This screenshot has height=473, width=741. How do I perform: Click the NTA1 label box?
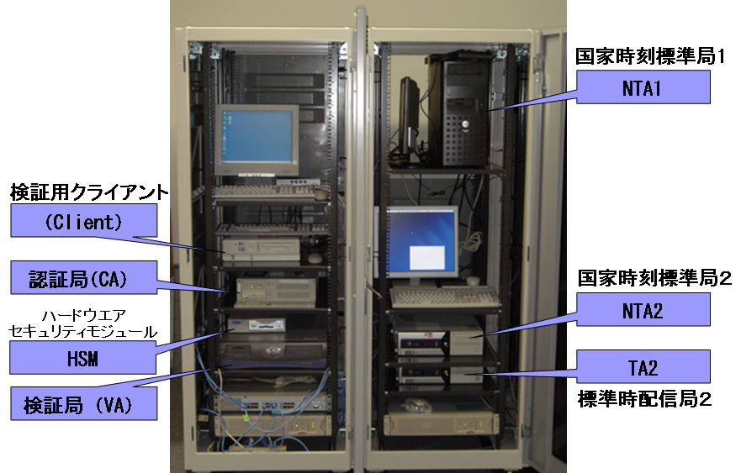[643, 87]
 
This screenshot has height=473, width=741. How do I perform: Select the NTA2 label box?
[643, 310]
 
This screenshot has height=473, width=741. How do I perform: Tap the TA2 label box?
[643, 366]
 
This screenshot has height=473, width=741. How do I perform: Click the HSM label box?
[83, 358]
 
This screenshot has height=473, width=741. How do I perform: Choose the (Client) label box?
[83, 220]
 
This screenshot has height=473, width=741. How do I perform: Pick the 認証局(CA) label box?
[83, 277]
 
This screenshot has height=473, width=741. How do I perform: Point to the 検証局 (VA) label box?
[83, 403]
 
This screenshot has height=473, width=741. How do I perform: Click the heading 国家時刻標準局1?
[649, 56]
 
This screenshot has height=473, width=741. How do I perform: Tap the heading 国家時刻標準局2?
[654, 278]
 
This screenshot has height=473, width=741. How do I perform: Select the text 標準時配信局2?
[644, 399]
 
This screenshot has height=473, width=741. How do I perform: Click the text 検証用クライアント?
[89, 192]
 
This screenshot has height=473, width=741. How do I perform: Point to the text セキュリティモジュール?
[83, 331]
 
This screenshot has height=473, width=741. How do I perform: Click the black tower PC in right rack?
[459, 109]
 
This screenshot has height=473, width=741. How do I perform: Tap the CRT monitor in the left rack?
[257, 139]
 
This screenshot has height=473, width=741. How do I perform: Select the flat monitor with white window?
[422, 244]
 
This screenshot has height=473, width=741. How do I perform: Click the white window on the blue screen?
[426, 258]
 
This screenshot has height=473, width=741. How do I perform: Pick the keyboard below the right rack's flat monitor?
[445, 297]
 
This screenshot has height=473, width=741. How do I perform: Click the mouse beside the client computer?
[315, 258]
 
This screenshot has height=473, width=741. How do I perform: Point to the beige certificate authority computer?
[276, 292]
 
